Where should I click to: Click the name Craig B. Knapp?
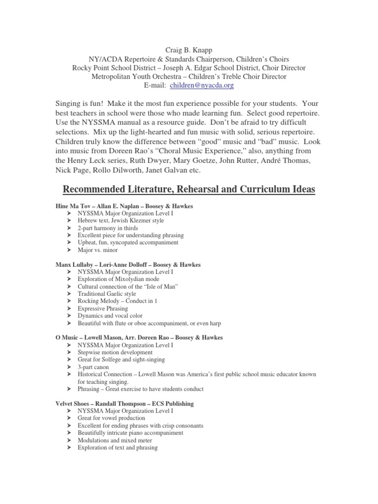click(x=189, y=50)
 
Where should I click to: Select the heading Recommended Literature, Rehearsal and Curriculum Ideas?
click(x=189, y=189)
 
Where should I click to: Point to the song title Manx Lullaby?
click(x=75, y=264)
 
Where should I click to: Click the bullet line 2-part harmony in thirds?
click(x=108, y=228)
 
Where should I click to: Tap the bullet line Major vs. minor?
click(x=98, y=250)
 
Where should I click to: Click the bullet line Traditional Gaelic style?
click(x=107, y=294)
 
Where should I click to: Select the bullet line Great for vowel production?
click(x=111, y=418)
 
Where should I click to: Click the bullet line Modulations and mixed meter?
click(x=116, y=441)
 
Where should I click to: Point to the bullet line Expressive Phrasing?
click(x=103, y=309)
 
